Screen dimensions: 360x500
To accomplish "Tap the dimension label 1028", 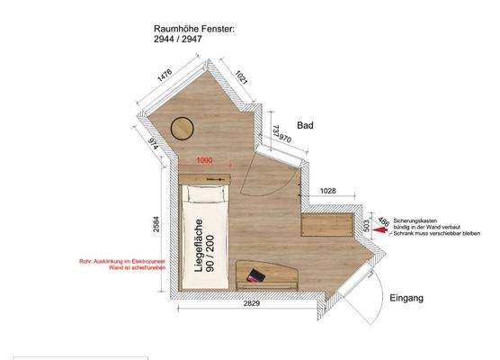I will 327,191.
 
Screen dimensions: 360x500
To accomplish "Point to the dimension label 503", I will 365,224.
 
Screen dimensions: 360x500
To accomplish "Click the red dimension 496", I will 383,222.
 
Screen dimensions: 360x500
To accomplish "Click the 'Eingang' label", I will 406,297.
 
